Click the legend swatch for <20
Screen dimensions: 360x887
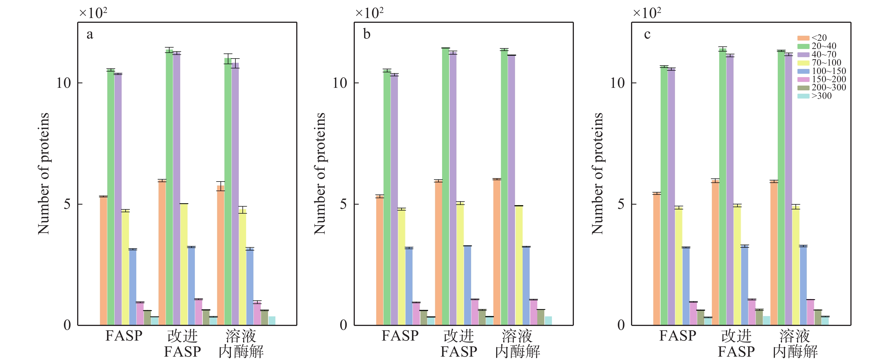click(803, 38)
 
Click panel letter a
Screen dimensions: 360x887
click(90, 34)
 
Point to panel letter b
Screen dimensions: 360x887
click(367, 34)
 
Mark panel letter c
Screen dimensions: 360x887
click(647, 34)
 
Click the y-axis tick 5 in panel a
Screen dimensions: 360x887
click(67, 204)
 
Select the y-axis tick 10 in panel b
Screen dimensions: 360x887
click(340, 83)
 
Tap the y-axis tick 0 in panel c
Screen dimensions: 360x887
click(621, 325)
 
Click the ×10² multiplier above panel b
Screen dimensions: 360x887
click(369, 13)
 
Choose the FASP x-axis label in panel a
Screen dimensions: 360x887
click(124, 336)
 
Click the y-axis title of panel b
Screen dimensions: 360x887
click(320, 174)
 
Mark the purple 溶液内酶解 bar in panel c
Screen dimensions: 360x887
click(788, 189)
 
